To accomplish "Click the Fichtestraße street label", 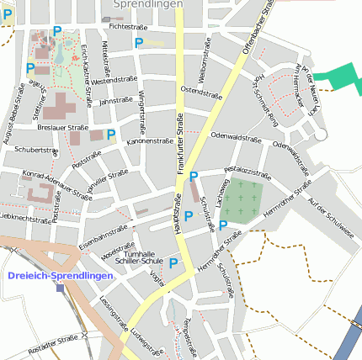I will click(x=128, y=28).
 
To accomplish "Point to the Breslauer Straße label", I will click(x=63, y=128).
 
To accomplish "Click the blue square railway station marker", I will click(x=60, y=288).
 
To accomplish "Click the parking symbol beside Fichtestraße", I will click(x=139, y=42).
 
